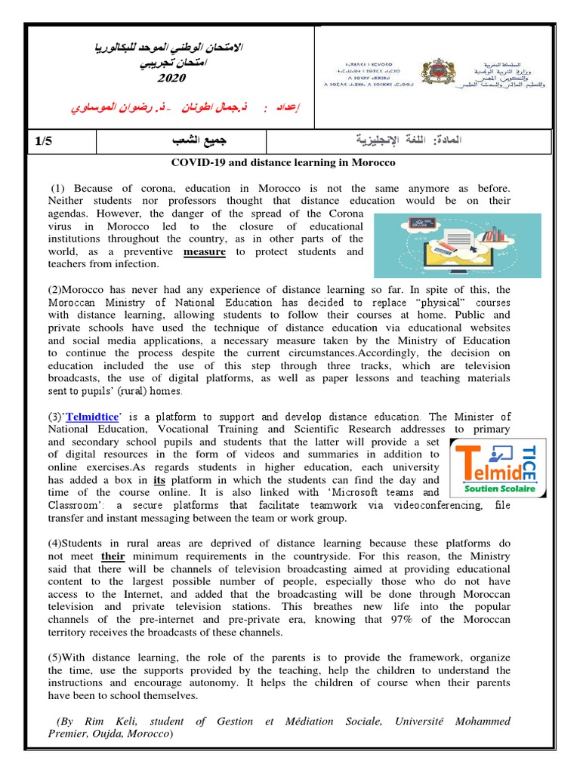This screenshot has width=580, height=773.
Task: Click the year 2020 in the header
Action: [x=170, y=79]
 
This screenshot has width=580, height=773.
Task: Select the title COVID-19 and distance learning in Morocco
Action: [x=284, y=162]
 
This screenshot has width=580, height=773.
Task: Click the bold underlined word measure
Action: [x=204, y=252]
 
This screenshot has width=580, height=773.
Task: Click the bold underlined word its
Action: [x=159, y=480]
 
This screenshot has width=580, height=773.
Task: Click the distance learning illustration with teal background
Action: [x=458, y=245]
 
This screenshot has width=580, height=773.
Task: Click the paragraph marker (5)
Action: [x=58, y=658]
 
